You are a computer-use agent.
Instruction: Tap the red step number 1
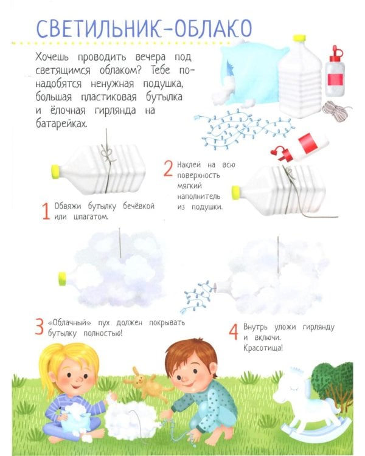[x=46, y=212]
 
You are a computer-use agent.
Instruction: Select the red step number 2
[x=169, y=168]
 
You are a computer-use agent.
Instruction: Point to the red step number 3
[x=40, y=327]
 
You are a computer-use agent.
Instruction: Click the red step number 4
[x=234, y=331]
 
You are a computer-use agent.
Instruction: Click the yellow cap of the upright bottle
[x=299, y=38]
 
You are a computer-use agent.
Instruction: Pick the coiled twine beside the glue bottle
[x=336, y=111]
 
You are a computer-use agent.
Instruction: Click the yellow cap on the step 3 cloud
[x=62, y=279]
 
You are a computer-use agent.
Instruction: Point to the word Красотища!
[x=263, y=348]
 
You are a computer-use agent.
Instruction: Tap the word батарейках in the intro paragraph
[x=61, y=124]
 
